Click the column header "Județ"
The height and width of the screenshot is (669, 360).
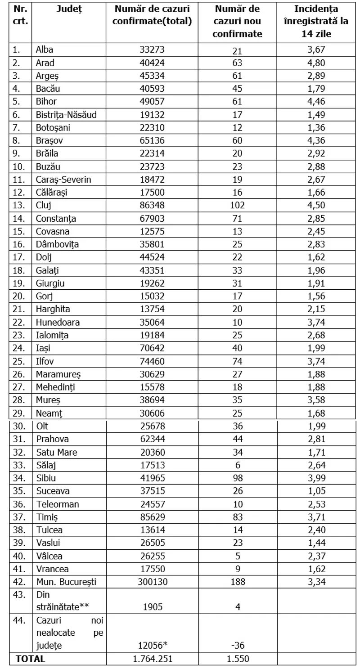(x=69, y=9)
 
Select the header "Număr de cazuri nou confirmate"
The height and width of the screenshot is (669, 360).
(x=237, y=21)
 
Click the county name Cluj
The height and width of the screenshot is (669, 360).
(x=43, y=206)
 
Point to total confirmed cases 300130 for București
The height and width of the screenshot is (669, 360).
(x=152, y=582)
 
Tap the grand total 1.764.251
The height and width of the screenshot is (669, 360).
(x=152, y=659)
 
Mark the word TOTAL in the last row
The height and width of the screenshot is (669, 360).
(x=31, y=659)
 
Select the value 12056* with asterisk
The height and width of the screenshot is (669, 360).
(x=152, y=646)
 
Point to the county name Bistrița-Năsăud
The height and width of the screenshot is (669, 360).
(x=66, y=115)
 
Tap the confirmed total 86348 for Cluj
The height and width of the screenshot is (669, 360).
(x=152, y=206)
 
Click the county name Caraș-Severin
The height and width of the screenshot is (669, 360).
(x=63, y=180)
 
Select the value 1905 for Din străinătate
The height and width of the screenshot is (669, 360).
(x=152, y=607)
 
